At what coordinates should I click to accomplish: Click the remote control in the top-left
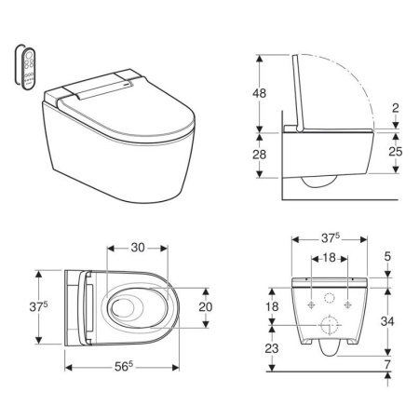27,68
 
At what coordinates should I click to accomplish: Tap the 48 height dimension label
259,93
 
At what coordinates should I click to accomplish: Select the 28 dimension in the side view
259,155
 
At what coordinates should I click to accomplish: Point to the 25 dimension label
396,152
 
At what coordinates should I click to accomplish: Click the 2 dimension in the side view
396,108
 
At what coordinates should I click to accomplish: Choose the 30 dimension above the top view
138,248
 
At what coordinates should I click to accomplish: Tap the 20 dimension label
206,306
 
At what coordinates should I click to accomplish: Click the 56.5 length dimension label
124,367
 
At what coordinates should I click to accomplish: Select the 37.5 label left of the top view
38,306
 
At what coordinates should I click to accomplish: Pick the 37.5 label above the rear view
331,238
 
